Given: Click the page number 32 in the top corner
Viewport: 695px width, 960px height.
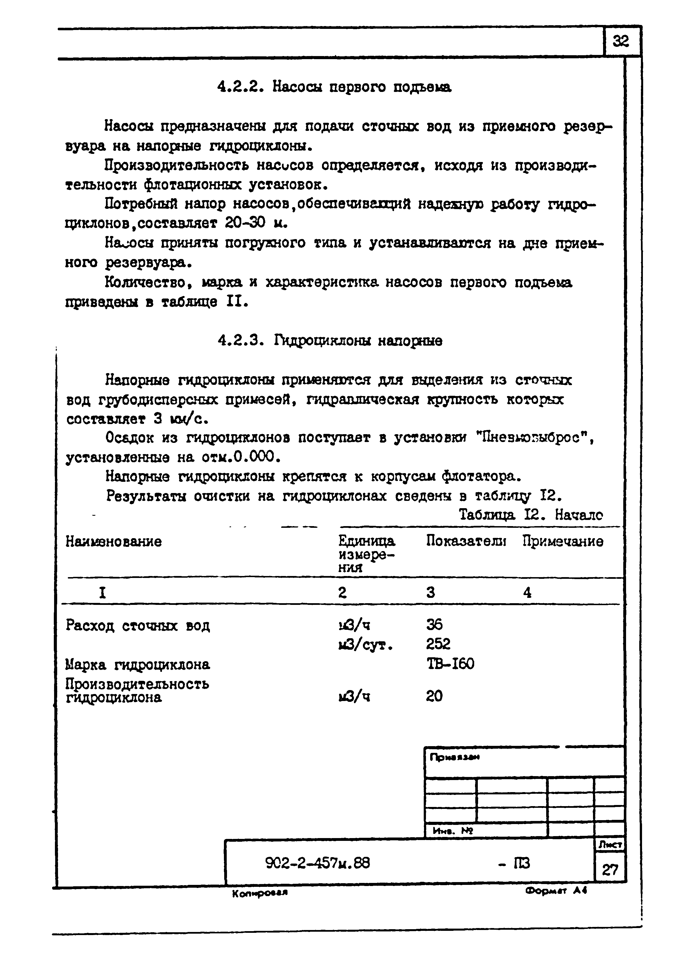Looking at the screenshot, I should [621, 41].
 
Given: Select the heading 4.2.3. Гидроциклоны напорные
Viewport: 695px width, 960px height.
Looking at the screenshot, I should [330, 340].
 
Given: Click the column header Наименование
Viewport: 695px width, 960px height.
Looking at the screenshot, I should [113, 541].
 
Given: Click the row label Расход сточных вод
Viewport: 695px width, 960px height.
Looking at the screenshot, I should [138, 625].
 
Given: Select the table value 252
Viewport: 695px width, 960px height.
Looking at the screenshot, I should [438, 644].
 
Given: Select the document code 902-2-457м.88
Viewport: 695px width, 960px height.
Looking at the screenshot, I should [318, 863].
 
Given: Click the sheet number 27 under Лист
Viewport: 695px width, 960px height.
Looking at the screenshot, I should [610, 870].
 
